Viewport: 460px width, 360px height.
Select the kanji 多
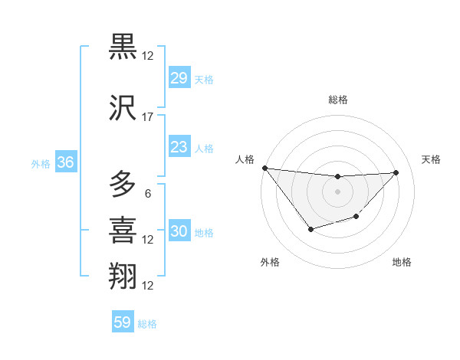click(x=123, y=185)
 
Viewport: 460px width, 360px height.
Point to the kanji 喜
click(x=123, y=230)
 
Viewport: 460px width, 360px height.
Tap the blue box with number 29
click(x=179, y=78)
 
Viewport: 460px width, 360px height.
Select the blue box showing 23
click(x=179, y=147)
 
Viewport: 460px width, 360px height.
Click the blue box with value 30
click(x=179, y=232)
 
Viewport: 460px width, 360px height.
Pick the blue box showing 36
click(x=65, y=162)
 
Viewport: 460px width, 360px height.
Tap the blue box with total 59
click(x=123, y=322)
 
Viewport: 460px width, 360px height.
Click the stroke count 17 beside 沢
click(x=148, y=117)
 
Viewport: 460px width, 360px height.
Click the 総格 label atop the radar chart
click(x=337, y=100)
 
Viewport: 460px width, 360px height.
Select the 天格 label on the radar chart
click(x=432, y=159)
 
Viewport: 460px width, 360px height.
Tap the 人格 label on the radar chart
click(x=245, y=159)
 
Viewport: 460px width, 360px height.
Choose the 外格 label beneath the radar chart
click(x=270, y=262)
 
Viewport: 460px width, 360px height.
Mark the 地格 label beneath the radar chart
click(x=402, y=262)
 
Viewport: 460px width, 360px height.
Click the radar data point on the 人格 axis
click(x=264, y=168)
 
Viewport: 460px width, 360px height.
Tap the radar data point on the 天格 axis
click(x=396, y=172)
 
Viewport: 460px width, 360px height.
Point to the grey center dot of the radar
click(x=337, y=191)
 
